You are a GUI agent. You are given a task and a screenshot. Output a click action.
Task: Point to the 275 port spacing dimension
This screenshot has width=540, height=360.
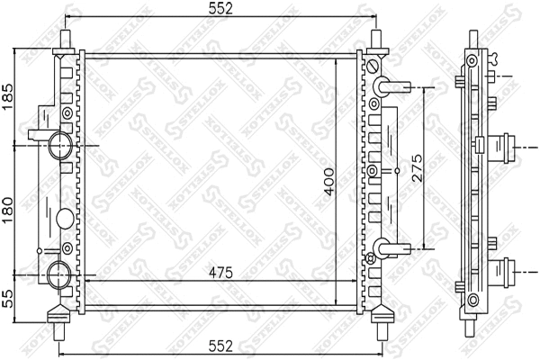click(x=417, y=167)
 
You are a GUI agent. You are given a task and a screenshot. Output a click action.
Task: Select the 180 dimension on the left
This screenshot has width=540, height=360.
click(x=8, y=206)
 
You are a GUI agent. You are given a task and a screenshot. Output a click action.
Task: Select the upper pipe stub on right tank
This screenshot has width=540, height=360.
click(x=387, y=87)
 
